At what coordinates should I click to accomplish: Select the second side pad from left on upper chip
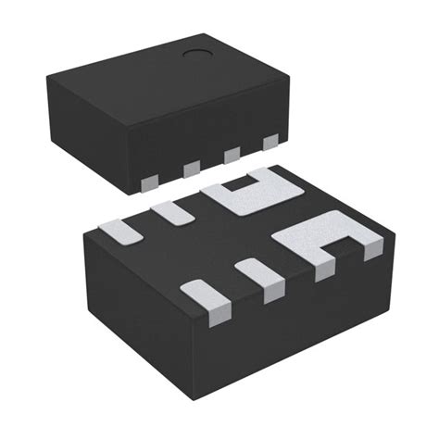[x=193, y=167]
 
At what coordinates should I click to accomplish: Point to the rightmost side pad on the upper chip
[x=270, y=142]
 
